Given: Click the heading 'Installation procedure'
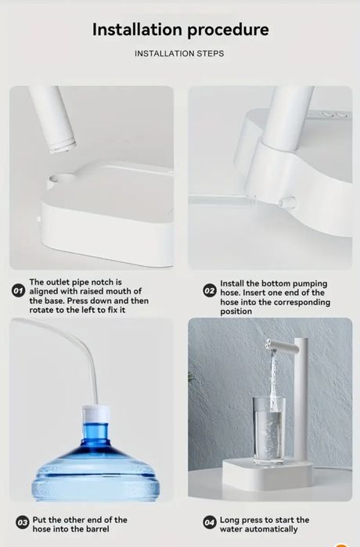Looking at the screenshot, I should click(x=180, y=30).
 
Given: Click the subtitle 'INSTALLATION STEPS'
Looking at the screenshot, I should click(x=179, y=54).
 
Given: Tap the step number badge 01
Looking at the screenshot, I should click(x=19, y=291).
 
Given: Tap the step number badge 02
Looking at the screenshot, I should click(x=209, y=291).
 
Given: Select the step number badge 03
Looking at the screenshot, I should click(x=22, y=523).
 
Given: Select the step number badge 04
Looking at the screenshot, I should click(x=209, y=523).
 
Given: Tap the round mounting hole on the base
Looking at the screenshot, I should click(x=53, y=182).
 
